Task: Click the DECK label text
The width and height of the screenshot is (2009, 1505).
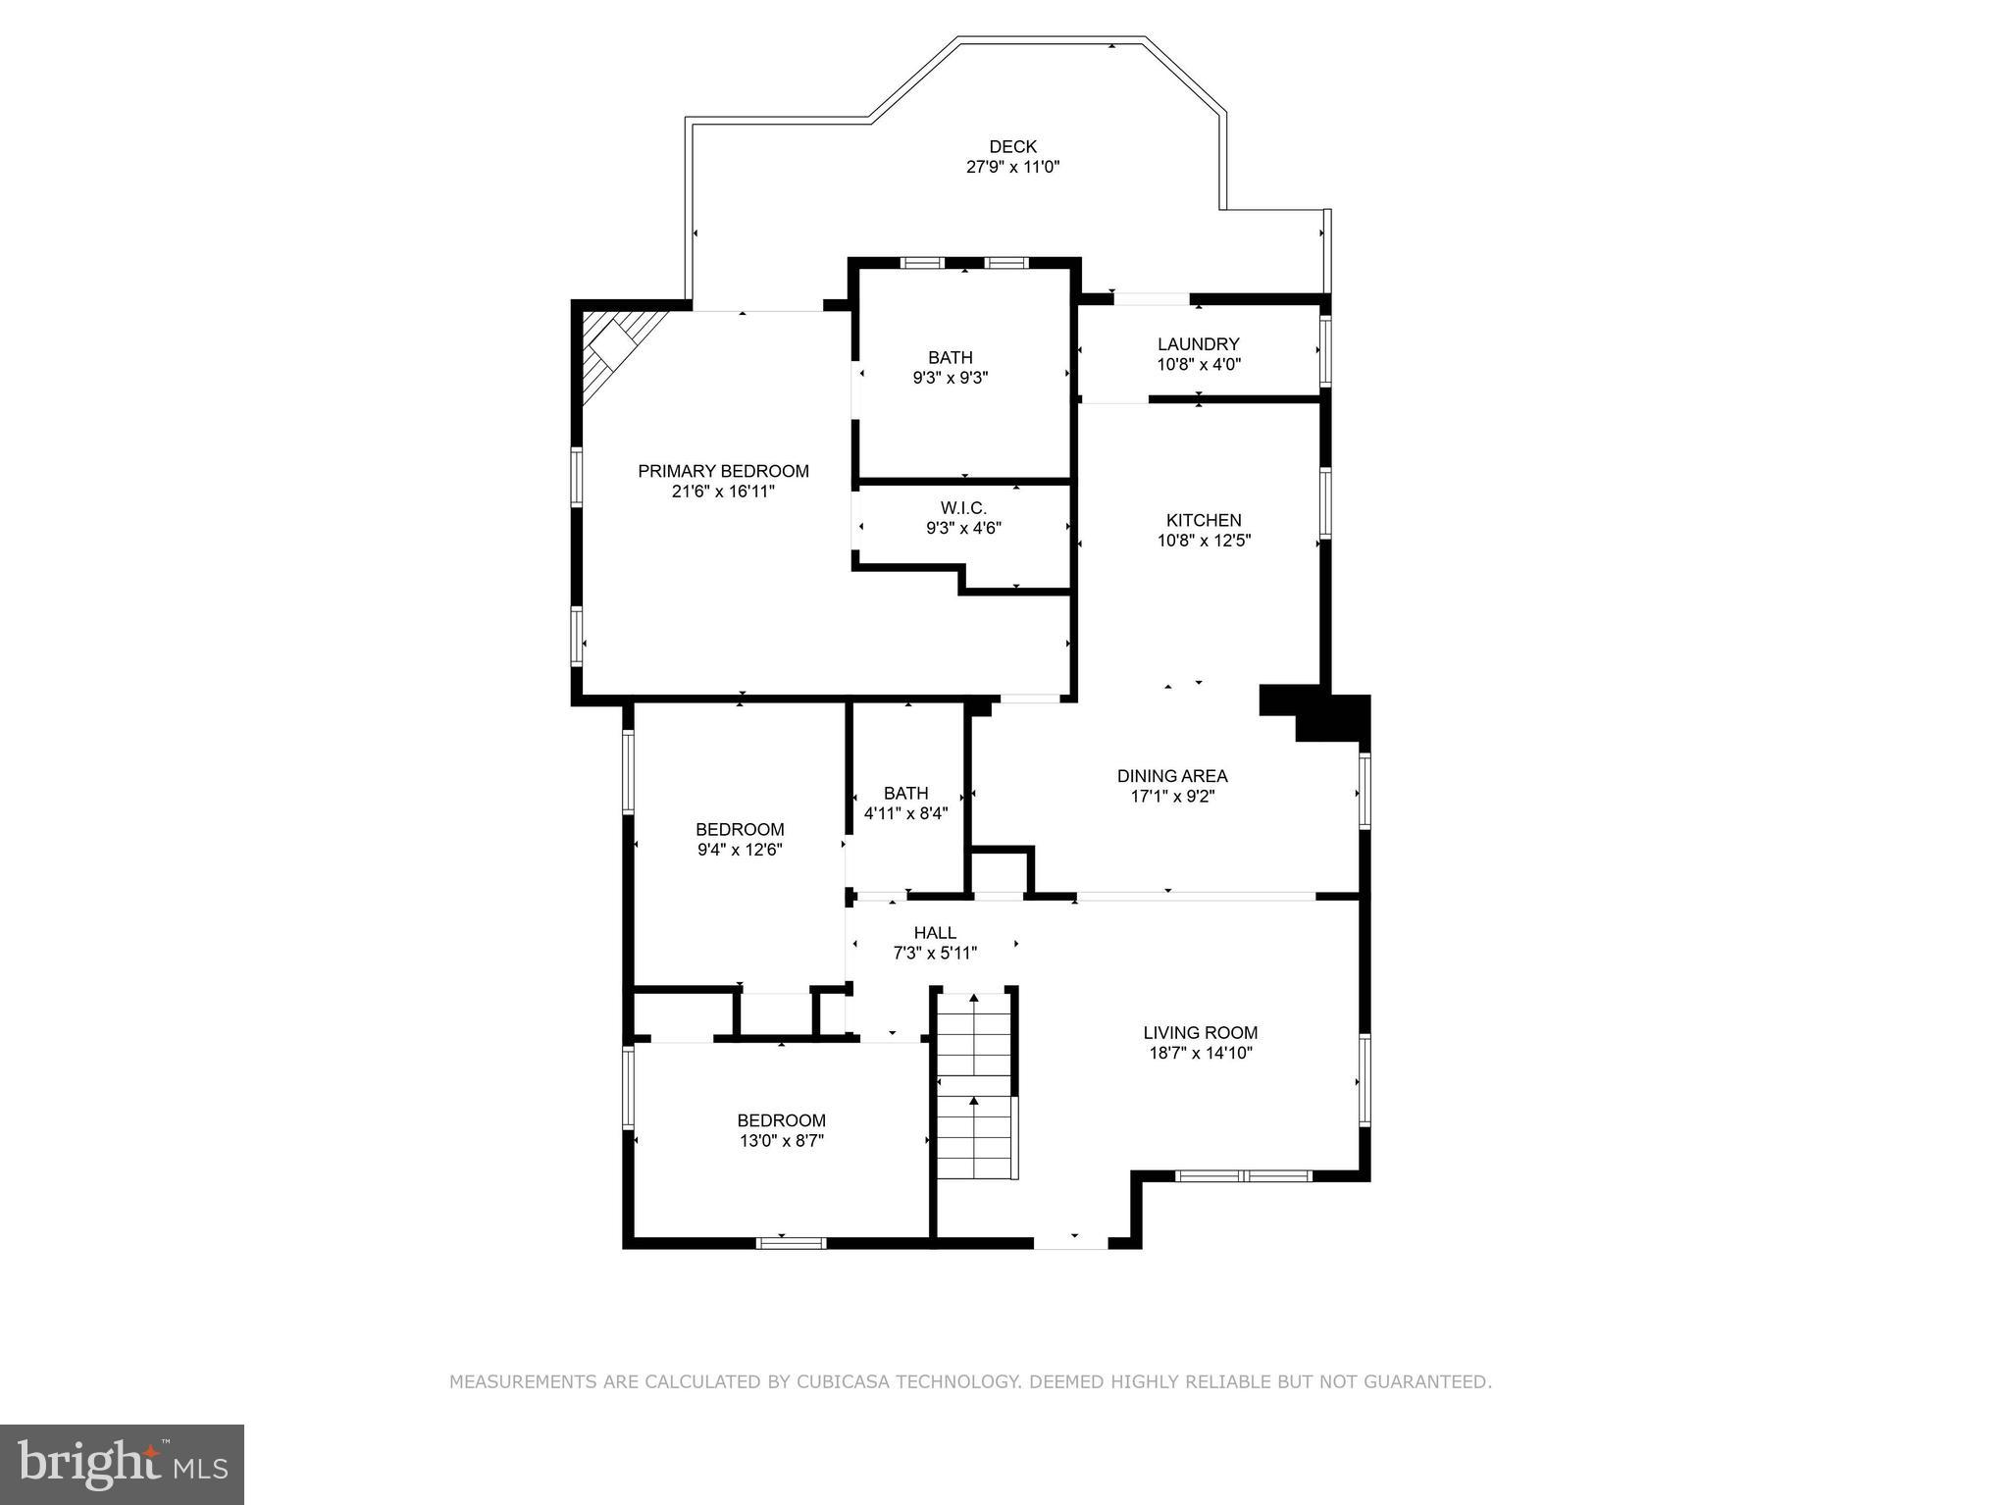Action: [x=1012, y=147]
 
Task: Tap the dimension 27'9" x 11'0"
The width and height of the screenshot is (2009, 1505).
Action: [x=1012, y=168]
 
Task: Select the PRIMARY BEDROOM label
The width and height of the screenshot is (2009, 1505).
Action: [x=723, y=471]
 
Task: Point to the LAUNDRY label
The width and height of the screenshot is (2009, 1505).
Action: [x=1198, y=344]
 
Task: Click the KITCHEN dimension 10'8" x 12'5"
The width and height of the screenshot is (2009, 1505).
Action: [x=1204, y=541]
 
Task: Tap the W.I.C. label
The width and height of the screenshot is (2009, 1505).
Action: [x=963, y=508]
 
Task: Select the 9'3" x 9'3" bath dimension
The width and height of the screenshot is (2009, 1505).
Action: [x=950, y=378]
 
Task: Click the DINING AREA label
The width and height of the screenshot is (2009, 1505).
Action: [x=1172, y=776]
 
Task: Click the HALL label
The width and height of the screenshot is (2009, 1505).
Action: [x=935, y=933]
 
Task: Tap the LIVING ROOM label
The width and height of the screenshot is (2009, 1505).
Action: [x=1200, y=1032]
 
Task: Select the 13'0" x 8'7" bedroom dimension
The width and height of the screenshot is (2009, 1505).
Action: [x=781, y=1141]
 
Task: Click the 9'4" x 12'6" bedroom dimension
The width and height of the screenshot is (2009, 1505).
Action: [x=740, y=851]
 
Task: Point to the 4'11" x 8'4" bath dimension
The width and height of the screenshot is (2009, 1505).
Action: [x=905, y=813]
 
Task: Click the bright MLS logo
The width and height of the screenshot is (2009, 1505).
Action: [x=122, y=1464]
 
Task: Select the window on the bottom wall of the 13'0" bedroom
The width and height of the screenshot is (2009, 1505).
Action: [x=791, y=1243]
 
